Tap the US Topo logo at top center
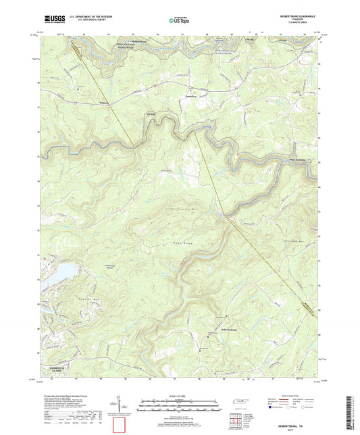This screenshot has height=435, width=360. coord(178,20)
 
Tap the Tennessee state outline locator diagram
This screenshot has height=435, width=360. coord(240,402)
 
